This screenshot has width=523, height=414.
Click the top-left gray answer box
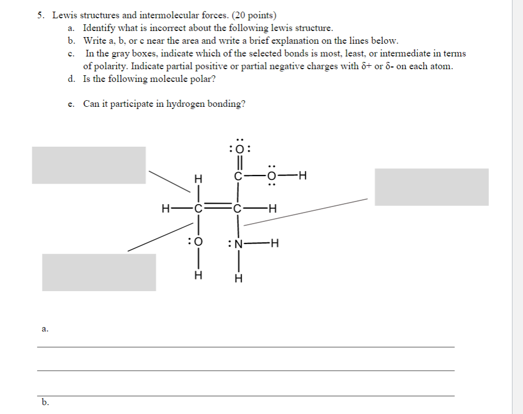(88, 165)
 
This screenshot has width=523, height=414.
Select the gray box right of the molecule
(431, 187)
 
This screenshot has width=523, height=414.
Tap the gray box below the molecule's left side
(99, 272)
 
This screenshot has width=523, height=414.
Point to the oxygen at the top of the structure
(240, 148)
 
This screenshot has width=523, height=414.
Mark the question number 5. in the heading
(41, 15)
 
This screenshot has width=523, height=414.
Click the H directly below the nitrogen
(238, 278)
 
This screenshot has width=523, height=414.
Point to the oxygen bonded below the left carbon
(197, 242)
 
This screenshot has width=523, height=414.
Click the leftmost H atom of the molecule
(165, 209)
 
